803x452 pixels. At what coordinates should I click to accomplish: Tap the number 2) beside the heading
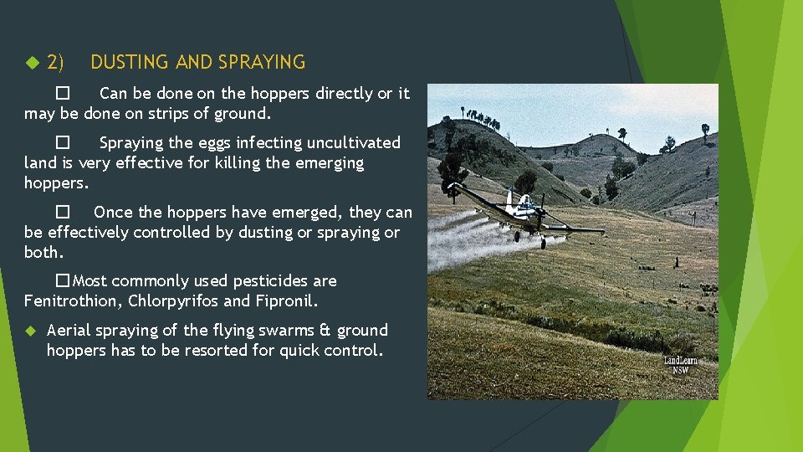coord(56,62)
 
